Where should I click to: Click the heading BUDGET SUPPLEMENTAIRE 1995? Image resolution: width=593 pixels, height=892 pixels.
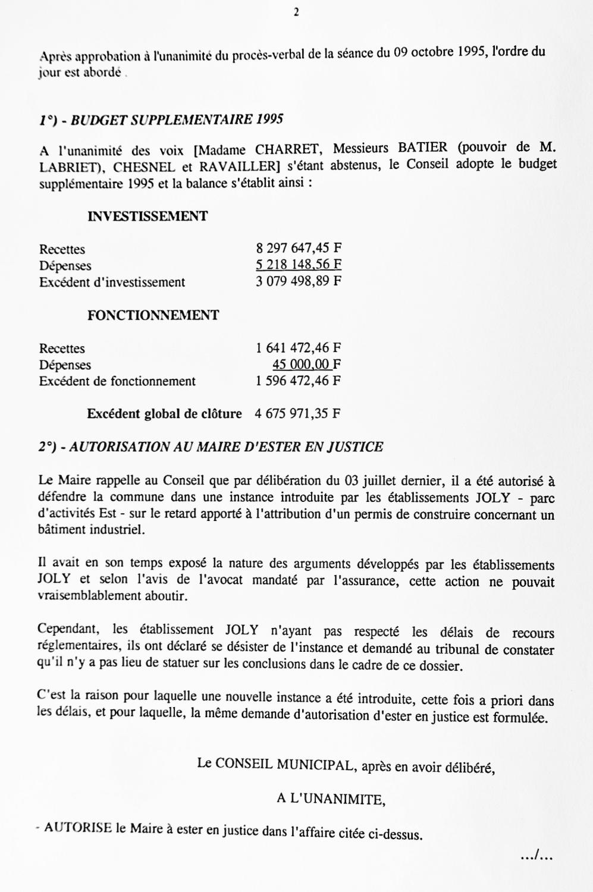[x=177, y=120]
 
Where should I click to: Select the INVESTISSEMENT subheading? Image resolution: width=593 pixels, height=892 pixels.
[x=148, y=216]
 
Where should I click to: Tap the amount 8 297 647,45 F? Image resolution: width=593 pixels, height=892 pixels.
[x=299, y=249]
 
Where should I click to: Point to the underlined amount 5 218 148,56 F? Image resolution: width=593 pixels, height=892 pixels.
[x=299, y=265]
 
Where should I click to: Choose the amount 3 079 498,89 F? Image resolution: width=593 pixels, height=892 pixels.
[x=299, y=281]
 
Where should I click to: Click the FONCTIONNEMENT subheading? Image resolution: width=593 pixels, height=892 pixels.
[x=153, y=315]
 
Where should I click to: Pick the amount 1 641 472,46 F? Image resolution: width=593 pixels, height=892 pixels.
[x=299, y=348]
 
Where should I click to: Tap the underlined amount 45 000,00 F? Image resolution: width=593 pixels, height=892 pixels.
[x=306, y=364]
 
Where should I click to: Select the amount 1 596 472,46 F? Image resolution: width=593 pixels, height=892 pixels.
[x=299, y=381]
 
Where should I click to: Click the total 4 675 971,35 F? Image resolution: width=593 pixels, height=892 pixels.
[x=297, y=413]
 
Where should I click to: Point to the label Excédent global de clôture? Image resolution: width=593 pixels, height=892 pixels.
[x=164, y=413]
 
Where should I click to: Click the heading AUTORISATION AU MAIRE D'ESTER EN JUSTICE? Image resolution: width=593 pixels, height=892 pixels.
[x=226, y=447]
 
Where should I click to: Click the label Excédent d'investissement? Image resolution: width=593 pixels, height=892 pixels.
[x=112, y=282]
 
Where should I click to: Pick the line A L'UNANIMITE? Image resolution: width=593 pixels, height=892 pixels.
[x=331, y=799]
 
